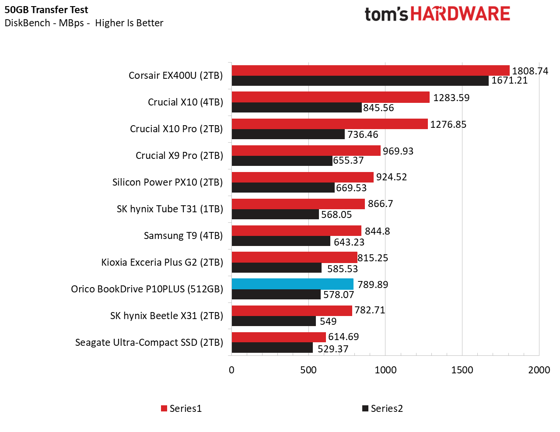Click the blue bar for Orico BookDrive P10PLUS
click(x=292, y=284)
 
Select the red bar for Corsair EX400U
click(x=370, y=70)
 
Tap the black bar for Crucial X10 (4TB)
click(x=297, y=108)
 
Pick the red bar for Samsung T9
click(x=296, y=231)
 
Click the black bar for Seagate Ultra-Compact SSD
click(x=272, y=348)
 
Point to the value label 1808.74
click(x=530, y=71)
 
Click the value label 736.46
click(x=363, y=134)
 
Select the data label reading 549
click(x=328, y=321)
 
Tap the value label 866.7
click(x=380, y=204)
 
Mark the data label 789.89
click(x=373, y=284)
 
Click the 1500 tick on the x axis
click(x=462, y=370)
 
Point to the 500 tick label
click(x=308, y=370)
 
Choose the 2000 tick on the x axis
click(x=539, y=370)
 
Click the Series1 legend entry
click(x=182, y=408)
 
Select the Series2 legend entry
click(x=382, y=408)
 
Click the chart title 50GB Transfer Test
click(x=46, y=10)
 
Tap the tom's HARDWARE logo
click(x=437, y=14)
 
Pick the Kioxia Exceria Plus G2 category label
click(x=162, y=262)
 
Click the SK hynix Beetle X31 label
click(x=166, y=316)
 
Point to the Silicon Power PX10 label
click(x=167, y=182)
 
